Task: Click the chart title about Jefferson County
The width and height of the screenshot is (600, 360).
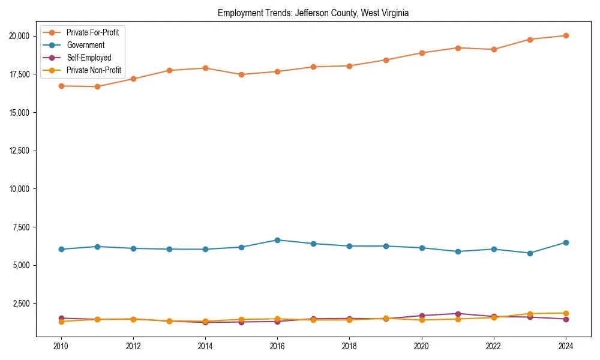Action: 313,13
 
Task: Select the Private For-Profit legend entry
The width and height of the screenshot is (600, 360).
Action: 92,32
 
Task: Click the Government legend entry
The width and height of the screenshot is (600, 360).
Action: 85,45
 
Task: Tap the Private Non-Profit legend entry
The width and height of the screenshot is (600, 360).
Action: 94,70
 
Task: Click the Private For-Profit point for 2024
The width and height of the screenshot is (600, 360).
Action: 566,35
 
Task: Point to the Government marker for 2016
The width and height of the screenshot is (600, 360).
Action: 277,240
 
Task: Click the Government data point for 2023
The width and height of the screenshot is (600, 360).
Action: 530,253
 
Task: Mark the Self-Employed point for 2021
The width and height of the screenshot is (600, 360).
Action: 458,314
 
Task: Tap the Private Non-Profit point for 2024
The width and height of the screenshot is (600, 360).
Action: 566,313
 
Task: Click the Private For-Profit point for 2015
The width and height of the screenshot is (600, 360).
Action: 241,74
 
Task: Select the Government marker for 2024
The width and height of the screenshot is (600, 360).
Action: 566,242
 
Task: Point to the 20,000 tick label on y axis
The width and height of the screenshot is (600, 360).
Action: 23,36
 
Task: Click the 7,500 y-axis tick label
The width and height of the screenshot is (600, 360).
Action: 25,227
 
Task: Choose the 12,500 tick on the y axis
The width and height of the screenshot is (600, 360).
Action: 23,151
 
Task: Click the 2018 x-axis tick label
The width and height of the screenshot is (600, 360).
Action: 349,346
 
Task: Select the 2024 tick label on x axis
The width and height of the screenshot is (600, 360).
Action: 566,346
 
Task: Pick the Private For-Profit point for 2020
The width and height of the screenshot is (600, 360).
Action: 422,53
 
